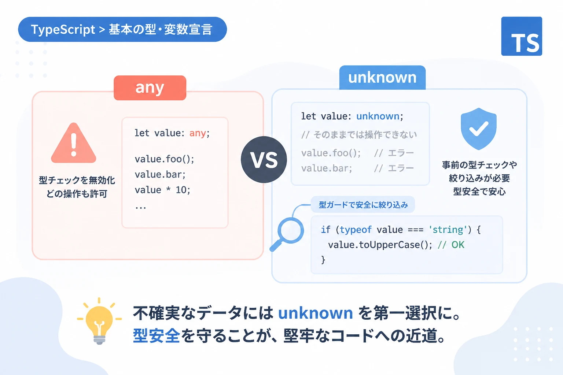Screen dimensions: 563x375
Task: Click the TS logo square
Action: (522, 36)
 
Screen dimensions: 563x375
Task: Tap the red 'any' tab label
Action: (150, 88)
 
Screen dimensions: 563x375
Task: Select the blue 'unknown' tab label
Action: (382, 78)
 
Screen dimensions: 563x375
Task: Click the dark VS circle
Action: (264, 160)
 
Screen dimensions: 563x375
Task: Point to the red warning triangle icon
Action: (73, 143)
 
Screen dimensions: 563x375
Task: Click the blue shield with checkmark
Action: (479, 129)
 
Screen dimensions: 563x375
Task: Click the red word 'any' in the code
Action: (198, 133)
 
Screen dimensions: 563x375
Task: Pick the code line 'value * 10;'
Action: (162, 190)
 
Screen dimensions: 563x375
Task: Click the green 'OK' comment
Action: (458, 245)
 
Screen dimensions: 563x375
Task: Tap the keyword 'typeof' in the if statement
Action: (356, 230)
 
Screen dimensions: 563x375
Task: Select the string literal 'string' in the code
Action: (448, 230)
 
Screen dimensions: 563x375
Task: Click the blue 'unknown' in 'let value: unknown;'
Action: (378, 116)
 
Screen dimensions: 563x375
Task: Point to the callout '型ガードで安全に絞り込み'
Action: (363, 205)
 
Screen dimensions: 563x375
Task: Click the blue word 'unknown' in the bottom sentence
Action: (316, 313)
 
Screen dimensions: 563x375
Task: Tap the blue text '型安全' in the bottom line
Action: (157, 335)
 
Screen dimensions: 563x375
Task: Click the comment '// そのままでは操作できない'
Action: (359, 135)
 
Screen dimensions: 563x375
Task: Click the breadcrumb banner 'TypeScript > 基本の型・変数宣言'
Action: (122, 29)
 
